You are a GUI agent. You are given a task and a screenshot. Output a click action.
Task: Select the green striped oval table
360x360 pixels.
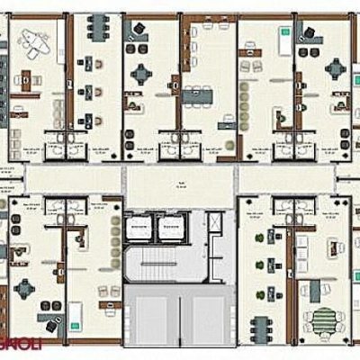pyautogui.click(x=322, y=319)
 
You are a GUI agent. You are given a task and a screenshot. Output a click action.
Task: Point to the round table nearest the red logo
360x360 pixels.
pyautogui.click(x=24, y=289)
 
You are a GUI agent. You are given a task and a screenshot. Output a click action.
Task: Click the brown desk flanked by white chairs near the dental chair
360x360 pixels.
pyautogui.click(x=27, y=77)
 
